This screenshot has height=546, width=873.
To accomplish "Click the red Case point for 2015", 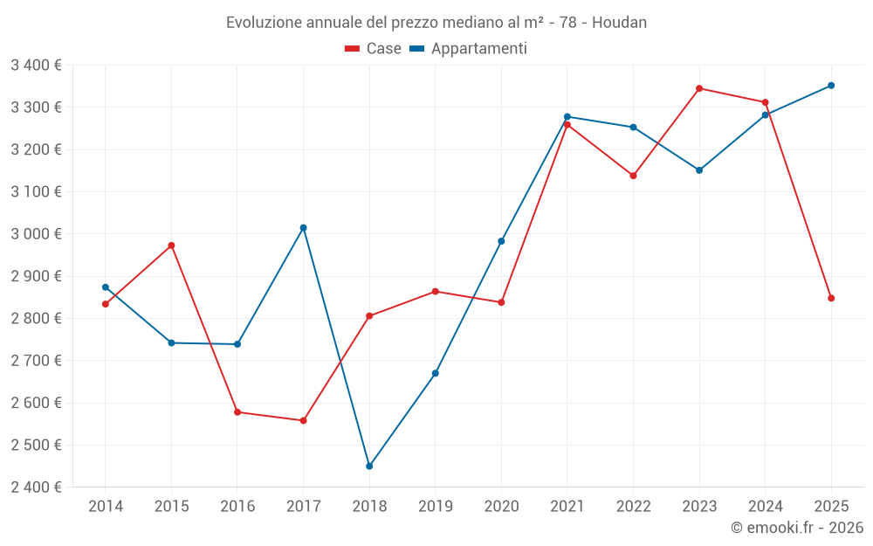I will pyautogui.click(x=171, y=245).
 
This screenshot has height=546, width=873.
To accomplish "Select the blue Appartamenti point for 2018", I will pyautogui.click(x=369, y=467).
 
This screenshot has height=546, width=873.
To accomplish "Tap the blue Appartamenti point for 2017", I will pyautogui.click(x=303, y=228).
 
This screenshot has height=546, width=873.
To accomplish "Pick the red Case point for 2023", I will pyautogui.click(x=699, y=88).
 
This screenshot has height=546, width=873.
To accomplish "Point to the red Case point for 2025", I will pyautogui.click(x=831, y=299).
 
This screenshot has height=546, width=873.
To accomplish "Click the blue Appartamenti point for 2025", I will pyautogui.click(x=831, y=86).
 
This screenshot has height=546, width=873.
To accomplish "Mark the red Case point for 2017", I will pyautogui.click(x=303, y=421).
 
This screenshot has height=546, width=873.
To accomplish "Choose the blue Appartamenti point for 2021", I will pyautogui.click(x=567, y=116).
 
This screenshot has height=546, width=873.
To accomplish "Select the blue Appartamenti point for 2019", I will pyautogui.click(x=436, y=374).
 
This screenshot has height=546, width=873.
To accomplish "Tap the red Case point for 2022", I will pyautogui.click(x=633, y=176).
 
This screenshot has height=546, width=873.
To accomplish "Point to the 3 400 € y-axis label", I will pyautogui.click(x=36, y=66).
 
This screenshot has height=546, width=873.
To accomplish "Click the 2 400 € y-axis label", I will pyautogui.click(x=36, y=487).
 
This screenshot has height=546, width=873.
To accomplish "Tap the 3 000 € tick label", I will pyautogui.click(x=36, y=234).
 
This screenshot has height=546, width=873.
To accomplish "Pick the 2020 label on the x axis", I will pyautogui.click(x=501, y=507).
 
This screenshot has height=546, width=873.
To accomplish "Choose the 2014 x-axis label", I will pyautogui.click(x=106, y=507).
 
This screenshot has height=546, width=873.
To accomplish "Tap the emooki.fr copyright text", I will pyautogui.click(x=797, y=528).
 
